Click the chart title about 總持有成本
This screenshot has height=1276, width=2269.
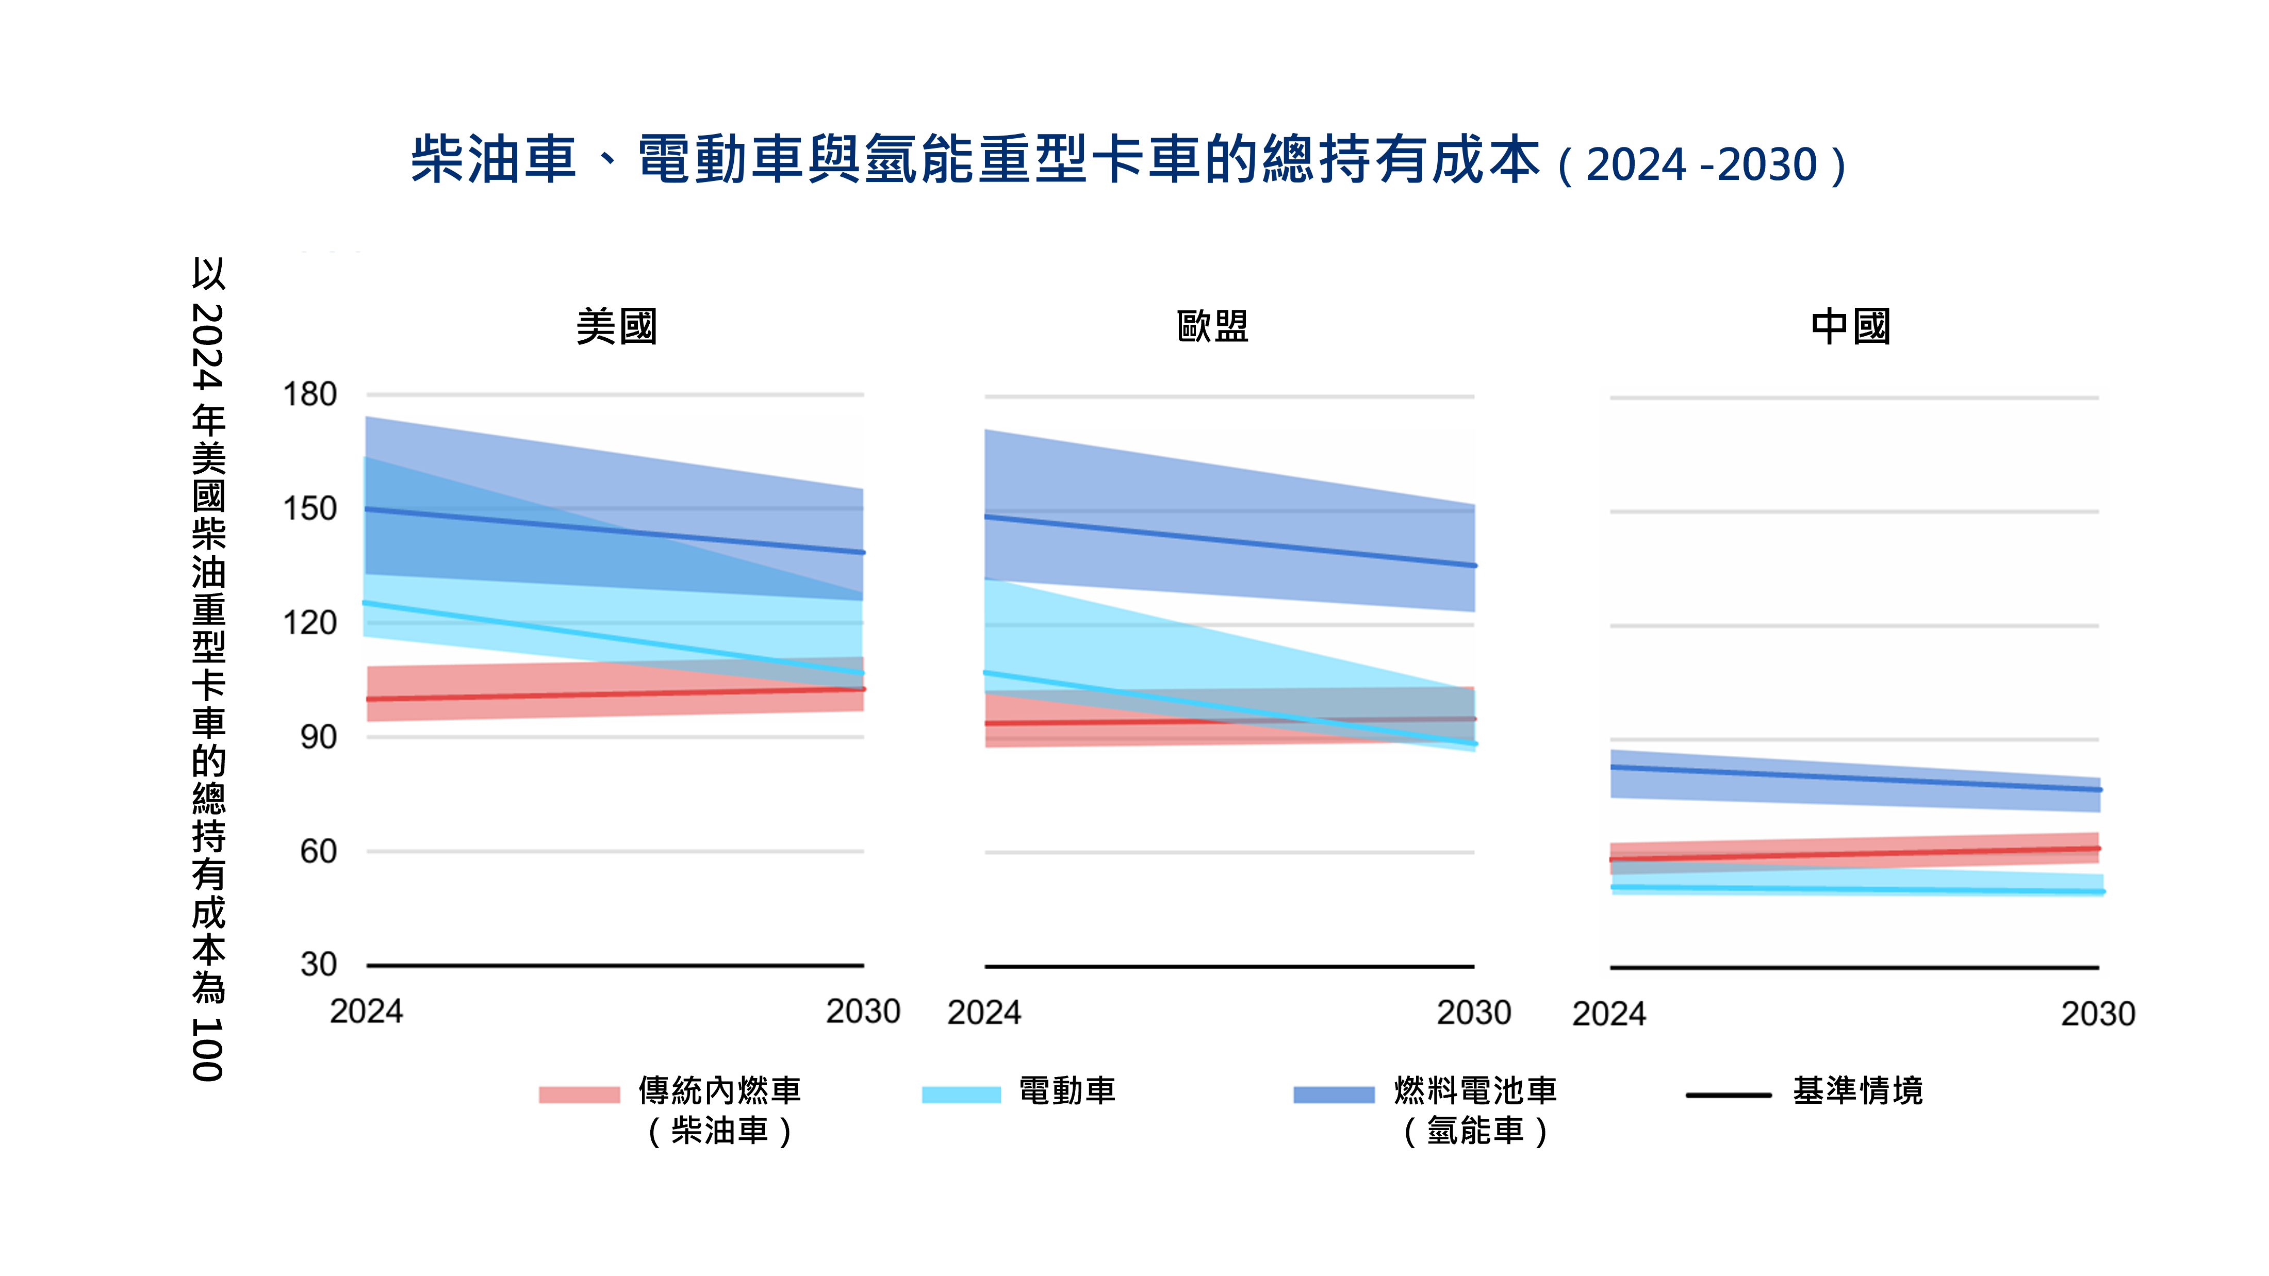tap(1127, 161)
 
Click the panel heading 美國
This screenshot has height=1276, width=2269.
tap(617, 327)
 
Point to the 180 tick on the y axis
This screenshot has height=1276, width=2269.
tap(310, 394)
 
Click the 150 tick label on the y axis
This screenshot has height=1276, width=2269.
tap(310, 509)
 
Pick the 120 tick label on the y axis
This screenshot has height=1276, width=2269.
tap(310, 623)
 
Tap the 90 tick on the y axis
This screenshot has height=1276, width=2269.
tap(319, 737)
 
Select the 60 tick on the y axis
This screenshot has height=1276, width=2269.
tap(319, 852)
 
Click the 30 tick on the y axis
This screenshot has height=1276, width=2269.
tap(319, 965)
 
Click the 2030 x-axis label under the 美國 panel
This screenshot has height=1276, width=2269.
tap(862, 1012)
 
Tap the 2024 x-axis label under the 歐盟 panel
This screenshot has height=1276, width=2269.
tap(984, 1013)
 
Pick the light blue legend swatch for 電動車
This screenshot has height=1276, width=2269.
tap(961, 1095)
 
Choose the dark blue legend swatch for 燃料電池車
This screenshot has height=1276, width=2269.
tap(1334, 1095)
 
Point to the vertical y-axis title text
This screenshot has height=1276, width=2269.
tap(209, 669)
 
